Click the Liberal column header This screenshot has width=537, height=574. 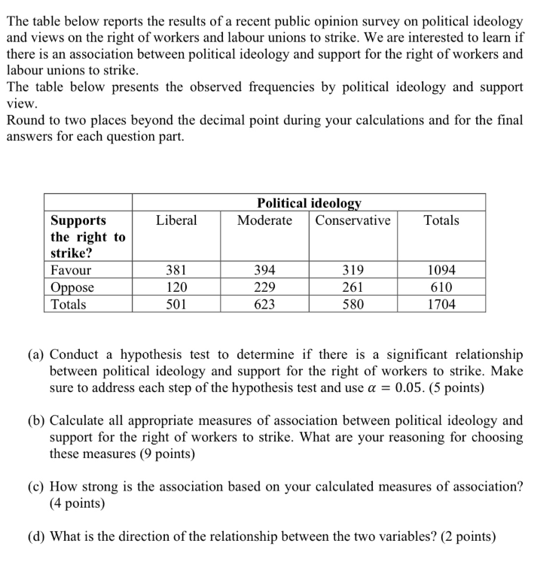tap(176, 220)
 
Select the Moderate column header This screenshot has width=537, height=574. tap(264, 220)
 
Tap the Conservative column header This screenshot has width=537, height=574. tap(352, 220)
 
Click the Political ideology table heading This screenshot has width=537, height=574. tap(309, 203)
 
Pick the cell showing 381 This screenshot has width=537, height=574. tap(176, 270)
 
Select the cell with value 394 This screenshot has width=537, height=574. tap(264, 270)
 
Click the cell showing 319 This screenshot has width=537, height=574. tap(352, 270)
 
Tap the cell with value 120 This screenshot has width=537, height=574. tap(176, 287)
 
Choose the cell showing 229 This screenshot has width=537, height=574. tap(264, 287)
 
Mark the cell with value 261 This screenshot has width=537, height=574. tap(352, 287)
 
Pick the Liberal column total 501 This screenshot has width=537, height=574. tap(176, 305)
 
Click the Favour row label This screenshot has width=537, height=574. tap(70, 270)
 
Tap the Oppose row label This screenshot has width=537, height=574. tap(72, 287)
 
